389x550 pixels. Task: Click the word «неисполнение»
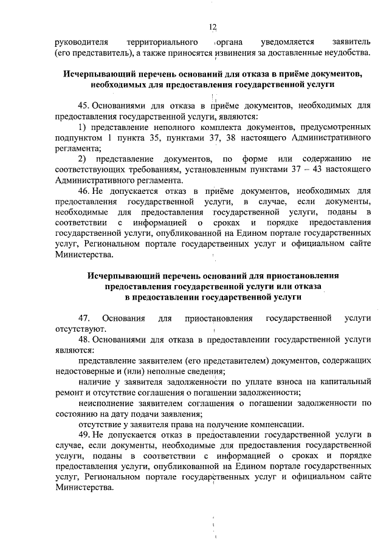tap(109, 403)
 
